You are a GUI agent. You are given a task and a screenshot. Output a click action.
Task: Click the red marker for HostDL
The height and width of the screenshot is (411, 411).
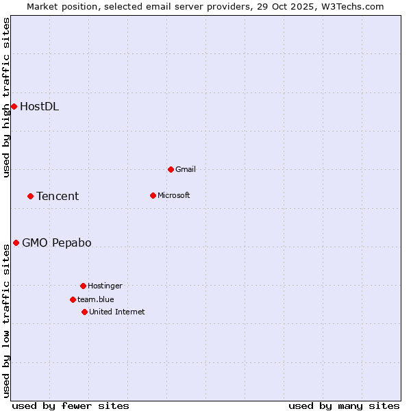(14, 106)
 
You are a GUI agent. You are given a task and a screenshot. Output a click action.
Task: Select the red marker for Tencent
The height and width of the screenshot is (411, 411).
(30, 196)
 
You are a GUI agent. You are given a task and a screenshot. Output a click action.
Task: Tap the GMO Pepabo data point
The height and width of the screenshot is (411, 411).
(16, 242)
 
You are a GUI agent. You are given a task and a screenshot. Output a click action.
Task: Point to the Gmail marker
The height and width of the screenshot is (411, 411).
(171, 169)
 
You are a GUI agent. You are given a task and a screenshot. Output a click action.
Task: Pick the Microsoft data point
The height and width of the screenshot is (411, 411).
(153, 195)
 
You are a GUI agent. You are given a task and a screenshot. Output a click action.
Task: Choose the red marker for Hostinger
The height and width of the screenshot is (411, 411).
(83, 286)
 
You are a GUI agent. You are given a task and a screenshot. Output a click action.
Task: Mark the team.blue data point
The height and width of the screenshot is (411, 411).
(73, 299)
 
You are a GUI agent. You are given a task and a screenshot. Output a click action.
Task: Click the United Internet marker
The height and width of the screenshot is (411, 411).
(84, 312)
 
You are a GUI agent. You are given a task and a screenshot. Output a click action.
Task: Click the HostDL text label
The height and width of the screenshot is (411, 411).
(39, 106)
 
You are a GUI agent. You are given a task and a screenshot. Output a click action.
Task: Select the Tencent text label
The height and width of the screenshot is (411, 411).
(58, 196)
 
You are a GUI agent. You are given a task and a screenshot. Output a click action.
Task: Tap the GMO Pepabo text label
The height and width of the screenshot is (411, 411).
(56, 242)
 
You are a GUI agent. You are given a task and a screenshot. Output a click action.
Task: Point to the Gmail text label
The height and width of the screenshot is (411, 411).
(186, 169)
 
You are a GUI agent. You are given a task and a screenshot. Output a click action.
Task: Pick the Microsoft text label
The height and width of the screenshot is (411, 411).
(174, 195)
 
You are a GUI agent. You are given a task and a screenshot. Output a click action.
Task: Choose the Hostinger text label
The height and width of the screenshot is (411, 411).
(105, 286)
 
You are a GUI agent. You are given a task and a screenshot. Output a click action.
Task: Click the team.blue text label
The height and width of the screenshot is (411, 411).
(96, 299)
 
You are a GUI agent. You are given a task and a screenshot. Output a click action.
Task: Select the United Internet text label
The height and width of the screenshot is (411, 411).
(117, 312)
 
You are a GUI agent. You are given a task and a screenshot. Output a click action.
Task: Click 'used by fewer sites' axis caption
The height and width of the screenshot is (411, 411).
(71, 406)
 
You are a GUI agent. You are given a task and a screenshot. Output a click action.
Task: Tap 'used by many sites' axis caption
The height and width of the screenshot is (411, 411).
(344, 406)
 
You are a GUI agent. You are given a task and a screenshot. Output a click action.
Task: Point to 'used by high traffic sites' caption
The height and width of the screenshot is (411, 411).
(7, 97)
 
